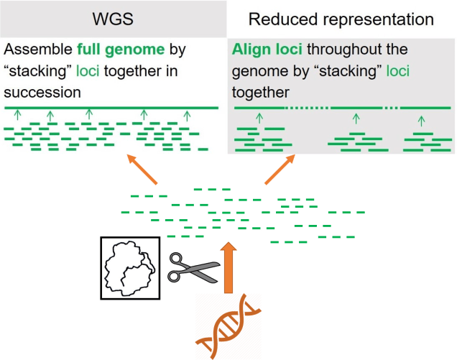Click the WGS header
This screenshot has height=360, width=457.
click(112, 19)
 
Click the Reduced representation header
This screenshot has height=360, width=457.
click(341, 19)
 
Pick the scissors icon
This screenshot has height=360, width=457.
click(193, 268)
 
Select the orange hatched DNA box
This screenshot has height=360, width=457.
click(228, 326)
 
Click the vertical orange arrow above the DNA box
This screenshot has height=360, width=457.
click(228, 266)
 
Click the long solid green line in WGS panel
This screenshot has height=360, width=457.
click(111, 108)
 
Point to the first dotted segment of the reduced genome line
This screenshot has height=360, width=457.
click(308, 108)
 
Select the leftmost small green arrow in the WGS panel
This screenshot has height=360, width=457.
click(18, 115)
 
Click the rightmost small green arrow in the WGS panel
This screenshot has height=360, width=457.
click(188, 115)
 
